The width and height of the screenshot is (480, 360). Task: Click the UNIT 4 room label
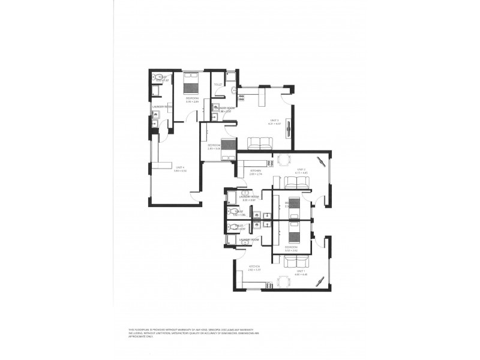coord(179,169)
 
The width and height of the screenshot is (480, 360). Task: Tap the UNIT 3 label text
coord(275,121)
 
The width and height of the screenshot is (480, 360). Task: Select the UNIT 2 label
coord(301,170)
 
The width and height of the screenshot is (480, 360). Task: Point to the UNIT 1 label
coord(301,271)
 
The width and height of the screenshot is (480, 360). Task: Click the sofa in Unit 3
coord(260,143)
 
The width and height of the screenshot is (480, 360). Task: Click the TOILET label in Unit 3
coord(218,92)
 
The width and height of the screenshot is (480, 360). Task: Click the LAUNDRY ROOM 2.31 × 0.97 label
coord(248,197)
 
